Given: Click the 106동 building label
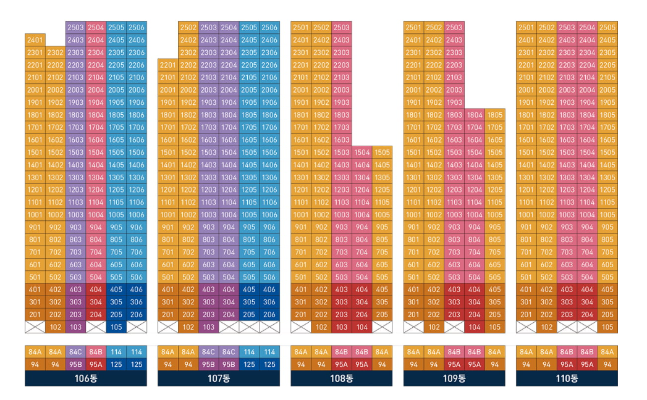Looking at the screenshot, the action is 86,378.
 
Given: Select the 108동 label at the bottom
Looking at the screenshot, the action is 341,378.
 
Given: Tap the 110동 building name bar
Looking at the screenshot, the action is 567,378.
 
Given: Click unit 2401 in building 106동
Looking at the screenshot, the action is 35,40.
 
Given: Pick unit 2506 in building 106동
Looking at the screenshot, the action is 137,28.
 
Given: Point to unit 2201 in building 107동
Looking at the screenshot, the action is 168,65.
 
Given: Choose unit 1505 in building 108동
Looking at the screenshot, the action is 382,152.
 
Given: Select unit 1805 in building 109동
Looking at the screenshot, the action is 495,115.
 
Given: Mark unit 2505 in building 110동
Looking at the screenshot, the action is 607,28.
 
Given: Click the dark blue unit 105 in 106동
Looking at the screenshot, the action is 116,327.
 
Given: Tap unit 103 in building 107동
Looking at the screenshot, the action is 208,327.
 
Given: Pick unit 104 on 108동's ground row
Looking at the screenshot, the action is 362,327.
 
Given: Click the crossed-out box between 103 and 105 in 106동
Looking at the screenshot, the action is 96,327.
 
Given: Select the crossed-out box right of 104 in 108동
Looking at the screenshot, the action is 382,327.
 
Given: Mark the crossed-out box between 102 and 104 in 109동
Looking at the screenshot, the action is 454,327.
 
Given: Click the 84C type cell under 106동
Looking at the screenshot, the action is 75,352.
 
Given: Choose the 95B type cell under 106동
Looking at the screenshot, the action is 75,365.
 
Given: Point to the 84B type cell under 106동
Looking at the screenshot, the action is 96,352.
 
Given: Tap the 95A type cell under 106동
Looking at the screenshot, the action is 96,365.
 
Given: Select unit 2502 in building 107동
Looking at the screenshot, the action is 188,28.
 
